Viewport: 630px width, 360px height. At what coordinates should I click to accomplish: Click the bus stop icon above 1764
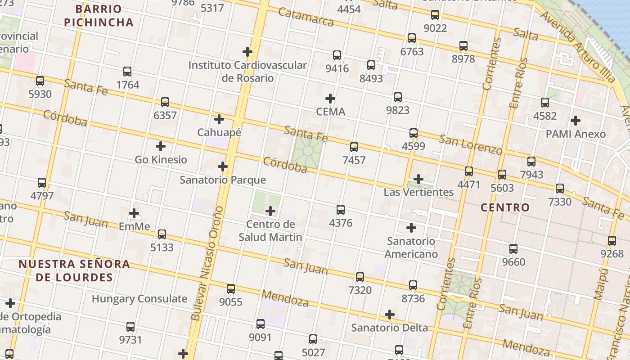coord(127,71)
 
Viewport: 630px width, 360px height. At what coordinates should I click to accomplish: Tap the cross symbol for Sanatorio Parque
coord(223,167)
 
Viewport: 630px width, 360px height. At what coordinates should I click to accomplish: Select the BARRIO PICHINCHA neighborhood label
coord(99,16)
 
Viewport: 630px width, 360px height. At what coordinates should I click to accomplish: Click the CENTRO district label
coord(505,207)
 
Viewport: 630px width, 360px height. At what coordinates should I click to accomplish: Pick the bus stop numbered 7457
coord(354,147)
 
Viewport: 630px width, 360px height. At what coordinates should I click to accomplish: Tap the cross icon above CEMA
coord(330,99)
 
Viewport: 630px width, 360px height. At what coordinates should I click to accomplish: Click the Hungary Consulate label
coord(139,299)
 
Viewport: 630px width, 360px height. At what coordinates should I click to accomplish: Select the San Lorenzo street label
coord(470,144)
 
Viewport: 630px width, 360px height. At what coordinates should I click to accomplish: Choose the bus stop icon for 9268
coord(612,241)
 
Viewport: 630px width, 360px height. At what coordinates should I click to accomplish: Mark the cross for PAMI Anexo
coord(575,121)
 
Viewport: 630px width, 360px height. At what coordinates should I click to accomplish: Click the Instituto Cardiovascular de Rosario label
coord(247,72)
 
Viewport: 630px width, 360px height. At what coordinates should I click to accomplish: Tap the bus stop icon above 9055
coord(231,288)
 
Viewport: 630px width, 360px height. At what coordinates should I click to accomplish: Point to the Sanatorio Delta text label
coord(390,328)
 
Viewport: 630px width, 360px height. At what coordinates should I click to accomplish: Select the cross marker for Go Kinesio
coord(161,146)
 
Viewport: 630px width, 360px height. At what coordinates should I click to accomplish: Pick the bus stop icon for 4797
coord(42,183)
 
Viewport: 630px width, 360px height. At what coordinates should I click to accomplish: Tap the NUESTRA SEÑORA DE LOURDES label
coord(74,270)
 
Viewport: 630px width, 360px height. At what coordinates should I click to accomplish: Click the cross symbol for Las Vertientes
coord(418,179)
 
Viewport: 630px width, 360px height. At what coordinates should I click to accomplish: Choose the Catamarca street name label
coord(306,17)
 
